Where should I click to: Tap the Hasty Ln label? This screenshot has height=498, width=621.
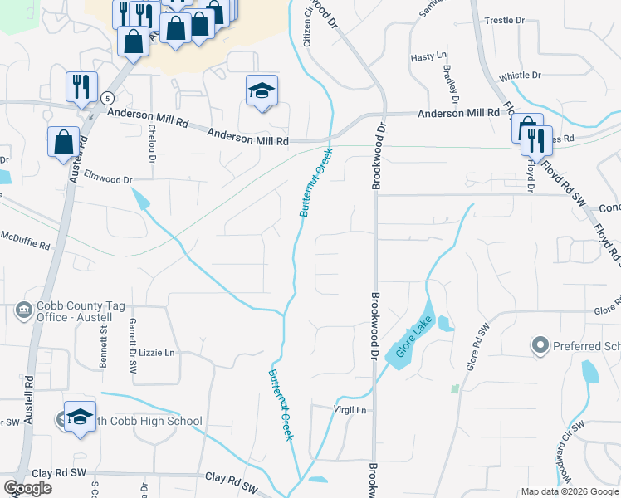pyautogui.click(x=428, y=57)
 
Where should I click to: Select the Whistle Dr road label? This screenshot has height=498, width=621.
pyautogui.click(x=521, y=76)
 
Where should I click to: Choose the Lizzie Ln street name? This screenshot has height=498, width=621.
pyautogui.click(x=157, y=353)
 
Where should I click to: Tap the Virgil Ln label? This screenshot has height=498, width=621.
pyautogui.click(x=350, y=410)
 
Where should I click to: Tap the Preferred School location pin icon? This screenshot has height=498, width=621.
pyautogui.click(x=540, y=344)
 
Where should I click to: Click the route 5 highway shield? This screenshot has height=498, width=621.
pyautogui.click(x=107, y=98)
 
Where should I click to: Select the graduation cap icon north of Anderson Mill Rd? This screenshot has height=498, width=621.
pyautogui.click(x=262, y=90)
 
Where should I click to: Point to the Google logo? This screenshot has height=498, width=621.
pyautogui.click(x=27, y=488)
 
